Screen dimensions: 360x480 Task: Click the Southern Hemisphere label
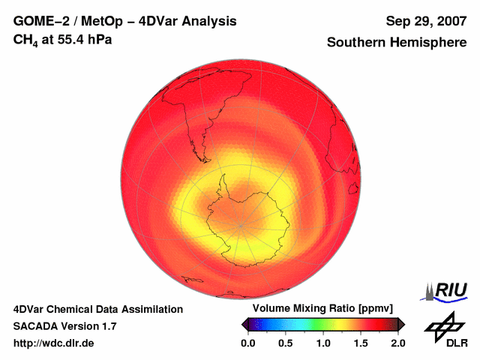tap(396, 42)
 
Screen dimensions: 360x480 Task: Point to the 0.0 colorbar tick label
tap(248, 343)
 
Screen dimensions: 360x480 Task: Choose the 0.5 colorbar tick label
tap(286, 343)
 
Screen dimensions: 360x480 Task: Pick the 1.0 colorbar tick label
tap(323, 343)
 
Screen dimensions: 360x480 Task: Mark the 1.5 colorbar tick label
tap(361, 343)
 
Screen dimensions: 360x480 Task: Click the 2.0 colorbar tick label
tap(397, 343)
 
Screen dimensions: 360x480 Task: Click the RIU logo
tap(448, 290)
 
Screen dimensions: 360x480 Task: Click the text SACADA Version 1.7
tap(64, 326)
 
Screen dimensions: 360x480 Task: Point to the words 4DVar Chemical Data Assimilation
tap(98, 309)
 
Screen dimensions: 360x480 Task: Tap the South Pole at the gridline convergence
tap(241, 224)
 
